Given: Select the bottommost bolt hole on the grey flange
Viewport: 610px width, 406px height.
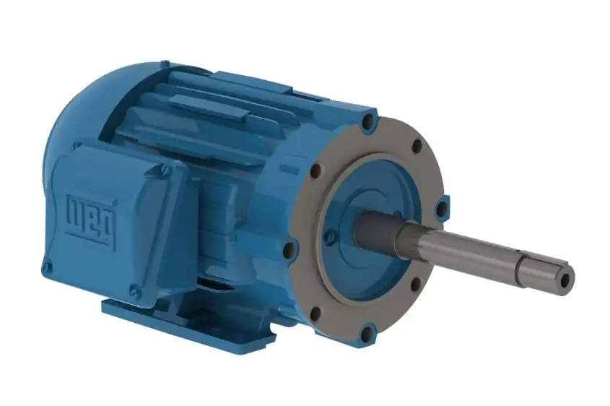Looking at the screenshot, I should tap(367, 333).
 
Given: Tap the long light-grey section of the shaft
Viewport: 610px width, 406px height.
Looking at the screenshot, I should tap(462, 249).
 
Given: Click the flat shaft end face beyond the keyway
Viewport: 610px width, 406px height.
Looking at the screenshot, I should tap(567, 278).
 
